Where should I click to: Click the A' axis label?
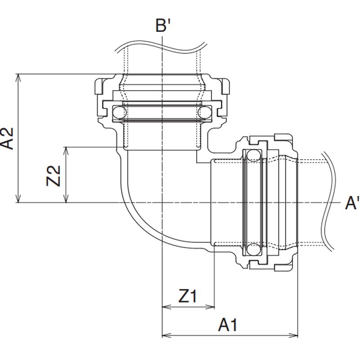coord(352,203)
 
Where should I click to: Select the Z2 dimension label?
coord(54,175)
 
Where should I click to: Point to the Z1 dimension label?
coord(188,296)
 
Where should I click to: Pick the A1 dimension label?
coord(227,325)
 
